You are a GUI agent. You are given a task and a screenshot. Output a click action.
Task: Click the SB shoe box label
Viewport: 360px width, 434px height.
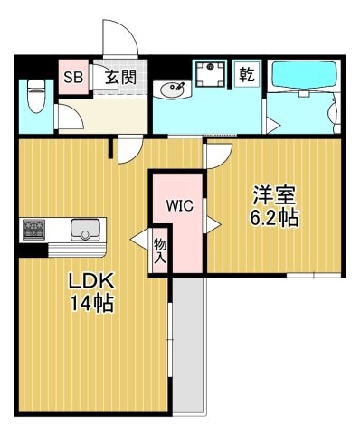[x=72, y=78]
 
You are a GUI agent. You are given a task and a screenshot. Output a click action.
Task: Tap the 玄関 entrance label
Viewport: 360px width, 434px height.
[x=119, y=78]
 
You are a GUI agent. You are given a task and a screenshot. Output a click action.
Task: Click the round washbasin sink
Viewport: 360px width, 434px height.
[x=171, y=90]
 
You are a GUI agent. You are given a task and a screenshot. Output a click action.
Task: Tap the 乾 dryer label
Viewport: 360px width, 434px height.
[x=246, y=75]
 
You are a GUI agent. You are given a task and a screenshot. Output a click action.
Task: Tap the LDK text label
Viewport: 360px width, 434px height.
[x=89, y=281]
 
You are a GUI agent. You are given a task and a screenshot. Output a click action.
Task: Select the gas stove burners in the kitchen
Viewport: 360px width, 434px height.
[x=34, y=228]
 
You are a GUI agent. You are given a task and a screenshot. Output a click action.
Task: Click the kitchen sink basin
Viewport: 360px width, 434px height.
[x=88, y=230]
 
